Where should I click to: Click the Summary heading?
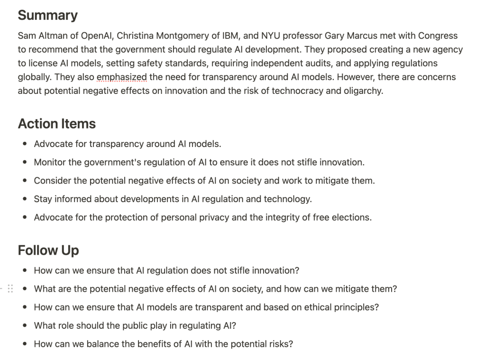[x=47, y=15]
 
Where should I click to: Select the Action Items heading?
[x=56, y=124]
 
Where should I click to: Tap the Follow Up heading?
[x=48, y=250]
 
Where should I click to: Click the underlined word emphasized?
[x=121, y=77]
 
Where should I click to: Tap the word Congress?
[x=438, y=36]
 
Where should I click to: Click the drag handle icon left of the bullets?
[x=10, y=288]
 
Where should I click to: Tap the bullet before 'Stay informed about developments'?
[x=25, y=199]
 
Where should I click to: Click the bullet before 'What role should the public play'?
[x=25, y=326]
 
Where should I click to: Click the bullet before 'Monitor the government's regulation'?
[x=25, y=162]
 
